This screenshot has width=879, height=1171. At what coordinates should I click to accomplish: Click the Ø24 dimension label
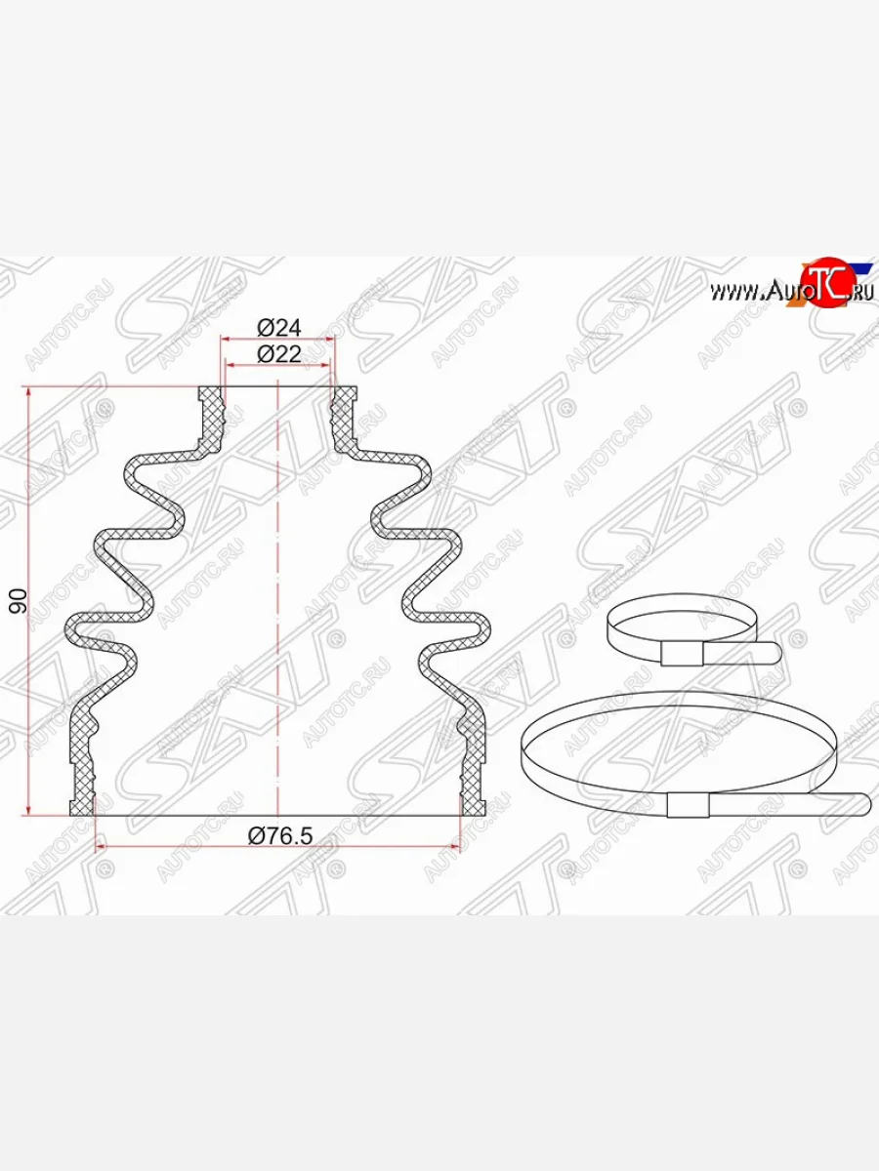(278, 328)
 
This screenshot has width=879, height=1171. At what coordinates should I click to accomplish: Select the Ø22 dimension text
(278, 353)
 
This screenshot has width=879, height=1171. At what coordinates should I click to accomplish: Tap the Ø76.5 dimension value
(280, 836)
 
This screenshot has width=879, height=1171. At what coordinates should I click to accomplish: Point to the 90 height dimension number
(19, 601)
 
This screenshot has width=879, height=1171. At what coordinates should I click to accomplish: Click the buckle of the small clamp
(681, 654)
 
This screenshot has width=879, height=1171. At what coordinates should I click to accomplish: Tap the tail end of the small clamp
(773, 653)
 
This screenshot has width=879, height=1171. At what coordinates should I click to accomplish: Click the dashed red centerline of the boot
(278, 598)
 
